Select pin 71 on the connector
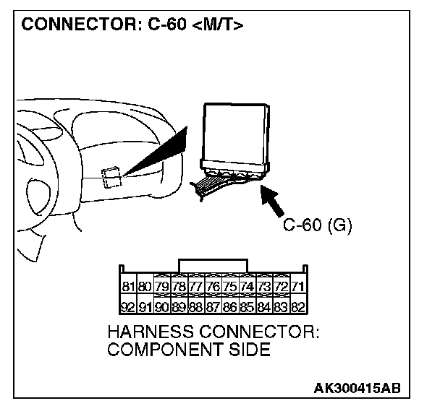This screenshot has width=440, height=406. pyautogui.click(x=297, y=287)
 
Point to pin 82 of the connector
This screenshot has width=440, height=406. pyautogui.click(x=297, y=306)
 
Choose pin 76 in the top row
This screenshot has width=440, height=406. pyautogui.click(x=213, y=287)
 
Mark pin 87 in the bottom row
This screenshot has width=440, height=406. pyautogui.click(x=213, y=306)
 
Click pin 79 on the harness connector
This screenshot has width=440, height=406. pyautogui.click(x=163, y=287)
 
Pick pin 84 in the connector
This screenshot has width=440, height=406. pyautogui.click(x=263, y=306)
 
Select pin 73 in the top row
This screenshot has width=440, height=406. pyautogui.click(x=263, y=287)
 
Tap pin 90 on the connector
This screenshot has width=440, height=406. pyautogui.click(x=163, y=306)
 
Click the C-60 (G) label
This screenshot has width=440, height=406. pyautogui.click(x=317, y=225)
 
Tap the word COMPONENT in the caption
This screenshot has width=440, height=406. pyautogui.click(x=161, y=350)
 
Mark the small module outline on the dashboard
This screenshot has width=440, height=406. pyautogui.click(x=111, y=176)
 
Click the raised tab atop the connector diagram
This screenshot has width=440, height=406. pyautogui.click(x=213, y=265)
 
